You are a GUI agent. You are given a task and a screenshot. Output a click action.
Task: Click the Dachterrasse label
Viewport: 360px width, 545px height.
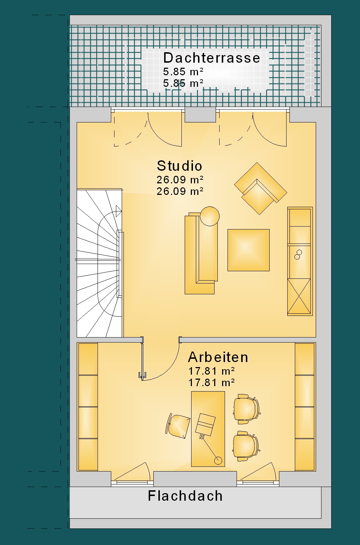(211, 58)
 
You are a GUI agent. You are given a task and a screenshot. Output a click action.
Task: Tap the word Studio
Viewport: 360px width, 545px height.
(179, 166)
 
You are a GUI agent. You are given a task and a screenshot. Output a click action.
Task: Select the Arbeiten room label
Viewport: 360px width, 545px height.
(218, 357)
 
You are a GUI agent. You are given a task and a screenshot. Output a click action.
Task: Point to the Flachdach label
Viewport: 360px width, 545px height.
(185, 496)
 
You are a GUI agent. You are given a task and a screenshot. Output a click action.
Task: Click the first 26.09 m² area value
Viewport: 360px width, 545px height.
(180, 180)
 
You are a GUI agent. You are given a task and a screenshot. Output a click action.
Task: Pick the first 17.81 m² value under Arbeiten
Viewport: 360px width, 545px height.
(211, 371)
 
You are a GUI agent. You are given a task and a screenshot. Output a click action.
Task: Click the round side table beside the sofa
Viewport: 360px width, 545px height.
(210, 216)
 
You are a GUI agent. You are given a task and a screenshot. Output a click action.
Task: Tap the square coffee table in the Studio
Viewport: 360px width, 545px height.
(248, 250)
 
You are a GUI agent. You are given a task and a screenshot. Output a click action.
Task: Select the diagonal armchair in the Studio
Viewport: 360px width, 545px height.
(261, 189)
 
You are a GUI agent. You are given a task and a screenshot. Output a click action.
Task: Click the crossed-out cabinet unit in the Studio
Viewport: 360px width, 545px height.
(299, 296)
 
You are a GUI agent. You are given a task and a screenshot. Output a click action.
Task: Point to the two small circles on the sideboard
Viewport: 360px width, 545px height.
(298, 255)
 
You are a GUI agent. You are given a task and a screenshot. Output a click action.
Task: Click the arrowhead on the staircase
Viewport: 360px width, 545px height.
(119, 211)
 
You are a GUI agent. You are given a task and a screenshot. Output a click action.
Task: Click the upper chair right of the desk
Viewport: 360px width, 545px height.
(247, 409)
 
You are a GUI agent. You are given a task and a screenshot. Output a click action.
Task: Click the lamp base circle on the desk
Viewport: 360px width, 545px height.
(218, 460)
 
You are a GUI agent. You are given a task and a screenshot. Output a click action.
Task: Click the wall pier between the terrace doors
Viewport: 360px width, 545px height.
(200, 115)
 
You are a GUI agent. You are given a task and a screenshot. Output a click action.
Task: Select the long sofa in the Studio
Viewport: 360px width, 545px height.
(201, 253)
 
